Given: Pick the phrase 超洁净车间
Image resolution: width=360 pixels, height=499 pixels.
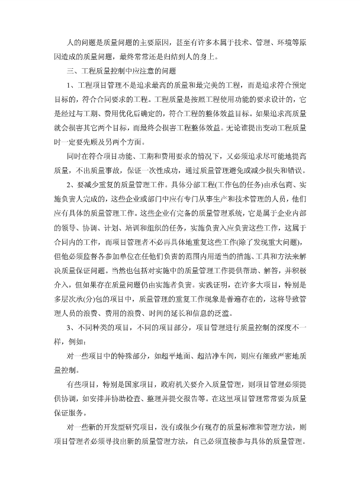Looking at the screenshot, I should click(207, 356).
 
